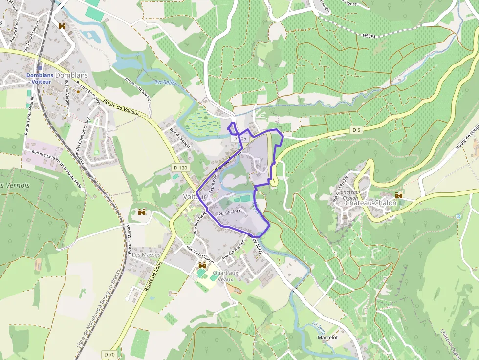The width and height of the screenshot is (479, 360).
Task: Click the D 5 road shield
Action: [x=356, y=130]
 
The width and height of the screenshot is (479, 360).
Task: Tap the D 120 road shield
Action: [x=180, y=168]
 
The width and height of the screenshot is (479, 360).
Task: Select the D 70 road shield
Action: [x=109, y=354]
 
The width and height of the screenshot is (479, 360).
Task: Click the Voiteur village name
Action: [x=194, y=196]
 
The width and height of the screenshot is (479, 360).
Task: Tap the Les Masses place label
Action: [x=146, y=255]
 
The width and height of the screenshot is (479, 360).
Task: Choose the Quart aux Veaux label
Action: [x=226, y=276]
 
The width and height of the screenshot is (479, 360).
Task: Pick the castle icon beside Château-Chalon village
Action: [x=399, y=195]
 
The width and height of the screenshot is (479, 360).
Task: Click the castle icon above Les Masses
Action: [x=142, y=212]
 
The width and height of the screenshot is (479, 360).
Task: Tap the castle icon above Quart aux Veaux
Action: [x=202, y=265]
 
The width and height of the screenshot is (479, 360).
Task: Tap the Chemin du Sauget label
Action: [x=138, y=89]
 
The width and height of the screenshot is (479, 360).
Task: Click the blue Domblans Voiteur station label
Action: [x=39, y=78]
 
